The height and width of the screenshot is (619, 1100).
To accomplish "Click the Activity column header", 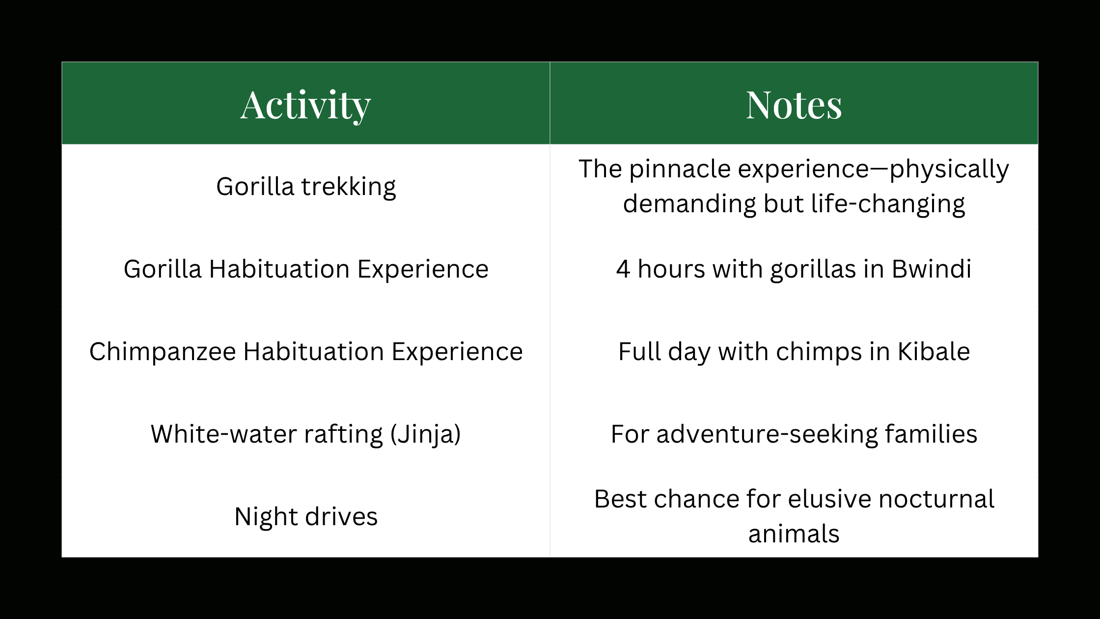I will (x=305, y=105).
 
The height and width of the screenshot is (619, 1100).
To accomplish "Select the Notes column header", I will (x=794, y=105).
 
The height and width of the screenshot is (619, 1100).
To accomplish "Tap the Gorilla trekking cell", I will (x=305, y=187).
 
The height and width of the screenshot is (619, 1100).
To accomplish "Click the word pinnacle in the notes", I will (x=680, y=169).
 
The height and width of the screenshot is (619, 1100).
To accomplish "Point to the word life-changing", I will (x=887, y=204).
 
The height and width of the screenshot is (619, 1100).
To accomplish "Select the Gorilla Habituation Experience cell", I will (x=305, y=269).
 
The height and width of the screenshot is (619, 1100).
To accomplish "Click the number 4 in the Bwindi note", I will (x=623, y=269).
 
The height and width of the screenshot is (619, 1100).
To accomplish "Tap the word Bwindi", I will (x=931, y=269).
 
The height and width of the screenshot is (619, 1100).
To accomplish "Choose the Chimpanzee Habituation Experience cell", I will (x=305, y=352).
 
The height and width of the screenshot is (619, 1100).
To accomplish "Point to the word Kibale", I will (x=934, y=352).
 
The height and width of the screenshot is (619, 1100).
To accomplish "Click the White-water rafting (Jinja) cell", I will (x=305, y=434).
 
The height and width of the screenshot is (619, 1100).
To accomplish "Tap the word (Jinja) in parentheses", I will (x=425, y=434).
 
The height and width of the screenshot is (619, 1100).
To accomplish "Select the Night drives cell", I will (x=305, y=517).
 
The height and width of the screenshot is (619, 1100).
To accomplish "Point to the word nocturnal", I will (x=936, y=499).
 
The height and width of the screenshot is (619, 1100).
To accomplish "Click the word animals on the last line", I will (x=794, y=534).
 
